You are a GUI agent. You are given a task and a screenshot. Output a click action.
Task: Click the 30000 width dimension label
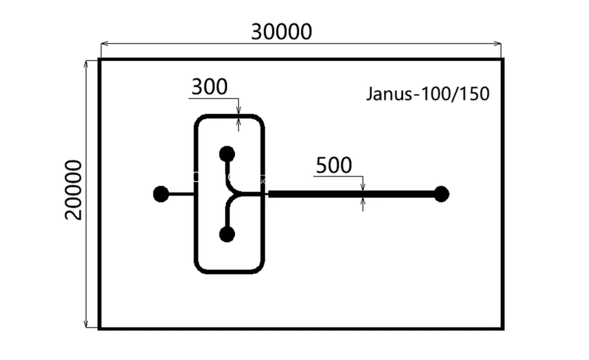[x=281, y=31]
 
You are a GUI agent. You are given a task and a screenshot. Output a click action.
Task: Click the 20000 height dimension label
[x=74, y=189]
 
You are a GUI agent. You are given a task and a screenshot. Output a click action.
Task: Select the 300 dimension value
[x=209, y=87]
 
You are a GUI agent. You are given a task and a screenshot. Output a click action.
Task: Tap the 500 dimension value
[x=333, y=166]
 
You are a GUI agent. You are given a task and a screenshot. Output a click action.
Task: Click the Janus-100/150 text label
[x=428, y=94]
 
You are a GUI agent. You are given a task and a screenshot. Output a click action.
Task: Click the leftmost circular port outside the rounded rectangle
[x=160, y=194]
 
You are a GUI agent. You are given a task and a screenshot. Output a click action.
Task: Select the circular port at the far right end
[x=441, y=194]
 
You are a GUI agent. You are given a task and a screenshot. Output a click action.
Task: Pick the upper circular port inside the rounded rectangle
[x=227, y=154]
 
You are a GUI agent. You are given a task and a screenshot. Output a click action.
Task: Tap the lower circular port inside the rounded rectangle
[x=227, y=235]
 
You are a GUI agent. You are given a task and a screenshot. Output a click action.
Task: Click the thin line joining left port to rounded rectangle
[x=181, y=194]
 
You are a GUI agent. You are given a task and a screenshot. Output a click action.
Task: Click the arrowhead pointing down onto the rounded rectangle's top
[x=239, y=110]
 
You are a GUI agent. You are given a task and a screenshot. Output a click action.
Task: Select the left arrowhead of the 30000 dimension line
[x=104, y=43]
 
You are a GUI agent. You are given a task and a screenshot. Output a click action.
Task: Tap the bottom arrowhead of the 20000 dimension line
[x=87, y=323]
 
